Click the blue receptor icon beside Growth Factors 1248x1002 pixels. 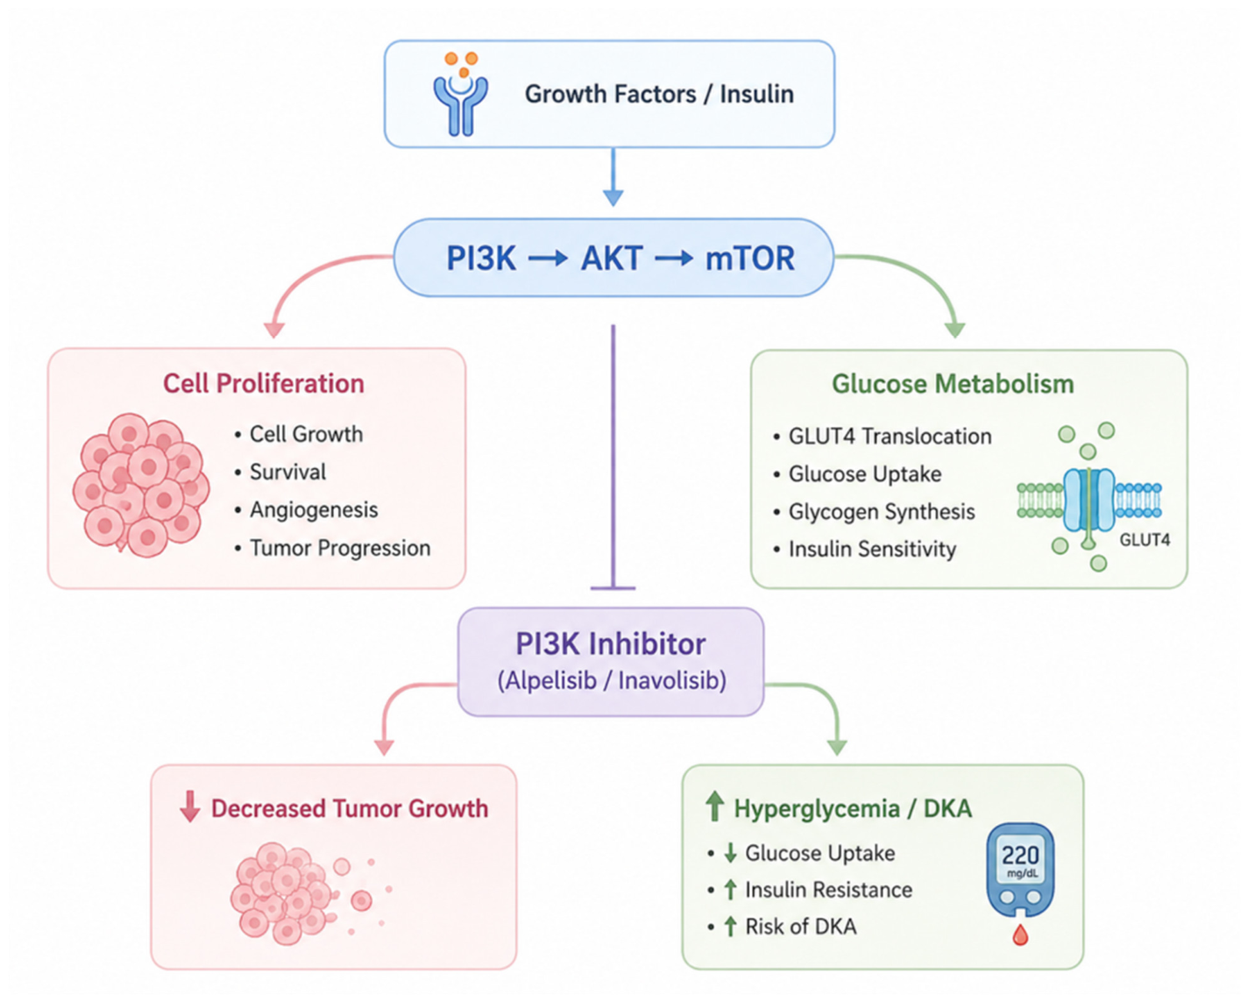[x=460, y=104]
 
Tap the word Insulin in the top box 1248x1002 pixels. [x=757, y=94]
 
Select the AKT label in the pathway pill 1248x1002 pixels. [x=611, y=259]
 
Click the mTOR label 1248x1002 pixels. [x=750, y=259]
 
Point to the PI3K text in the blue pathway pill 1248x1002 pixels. [x=481, y=259]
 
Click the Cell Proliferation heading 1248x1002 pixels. [x=263, y=383]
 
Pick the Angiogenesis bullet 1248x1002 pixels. [x=314, y=510]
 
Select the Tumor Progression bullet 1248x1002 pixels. [x=340, y=548]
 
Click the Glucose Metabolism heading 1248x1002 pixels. [x=953, y=383]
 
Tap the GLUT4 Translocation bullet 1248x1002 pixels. [x=890, y=437]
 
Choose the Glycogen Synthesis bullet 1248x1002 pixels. [x=882, y=512]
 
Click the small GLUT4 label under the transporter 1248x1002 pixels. [x=1145, y=540]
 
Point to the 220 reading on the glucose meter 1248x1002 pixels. [x=1021, y=856]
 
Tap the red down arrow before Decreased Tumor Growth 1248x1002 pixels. [x=189, y=807]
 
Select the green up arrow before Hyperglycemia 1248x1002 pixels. [x=715, y=807]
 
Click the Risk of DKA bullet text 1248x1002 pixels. [x=800, y=927]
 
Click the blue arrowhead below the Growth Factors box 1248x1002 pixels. [x=613, y=198]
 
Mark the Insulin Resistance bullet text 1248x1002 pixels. [x=829, y=890]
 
